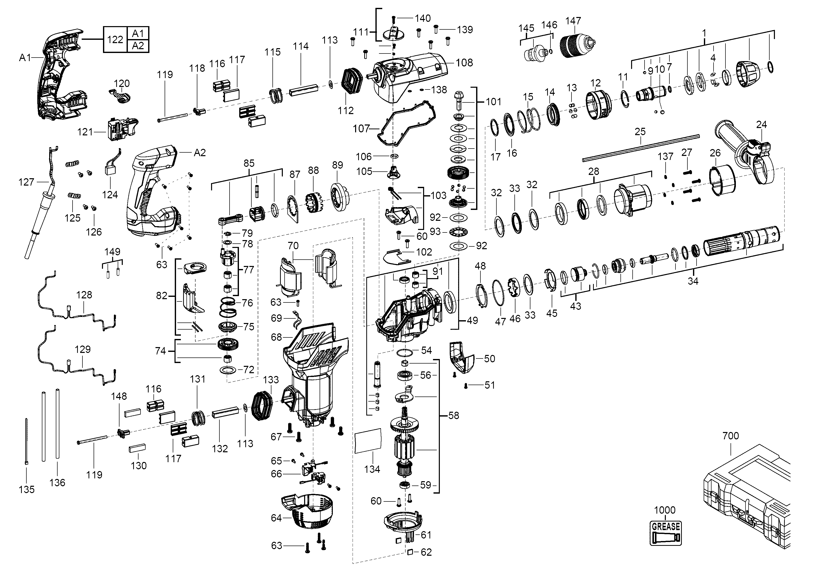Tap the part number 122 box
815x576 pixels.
115,39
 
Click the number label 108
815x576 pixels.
464,63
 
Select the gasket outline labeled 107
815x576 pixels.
405,124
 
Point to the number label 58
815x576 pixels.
453,415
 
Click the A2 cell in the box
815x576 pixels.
138,46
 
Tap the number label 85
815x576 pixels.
249,163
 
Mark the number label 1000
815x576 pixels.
665,510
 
